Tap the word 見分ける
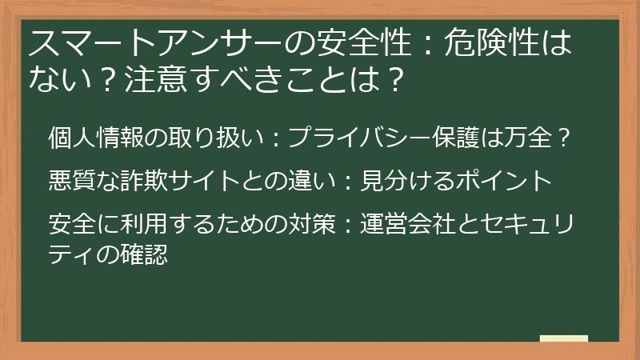400,181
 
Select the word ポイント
497,181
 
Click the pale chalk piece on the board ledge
563,338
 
